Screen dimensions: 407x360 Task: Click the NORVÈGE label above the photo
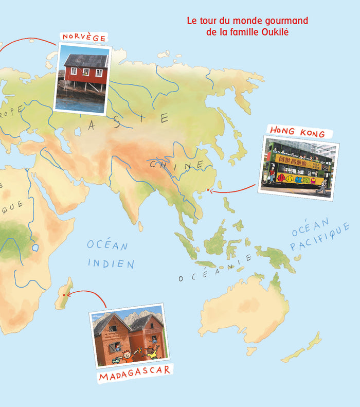(84, 38)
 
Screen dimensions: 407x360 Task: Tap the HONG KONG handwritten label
(297, 132)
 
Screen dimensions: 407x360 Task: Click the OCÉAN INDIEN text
(110, 254)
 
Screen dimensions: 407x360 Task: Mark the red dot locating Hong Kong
(208, 190)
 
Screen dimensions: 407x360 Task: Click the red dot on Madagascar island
(64, 295)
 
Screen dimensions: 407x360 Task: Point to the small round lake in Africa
(35, 247)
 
